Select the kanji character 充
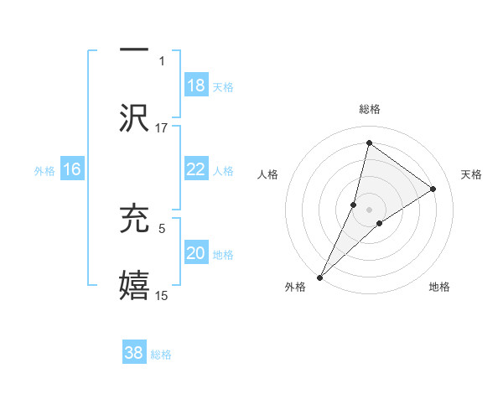click(x=134, y=218)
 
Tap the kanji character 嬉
click(x=134, y=286)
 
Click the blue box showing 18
click(x=196, y=86)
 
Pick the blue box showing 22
click(x=196, y=169)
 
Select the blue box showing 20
click(x=196, y=253)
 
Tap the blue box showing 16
click(x=72, y=169)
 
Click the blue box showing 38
click(x=134, y=353)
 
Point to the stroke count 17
click(x=162, y=127)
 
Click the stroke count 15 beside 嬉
click(x=162, y=295)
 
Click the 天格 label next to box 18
click(x=223, y=87)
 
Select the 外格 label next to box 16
click(x=44, y=171)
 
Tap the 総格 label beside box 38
click(x=161, y=355)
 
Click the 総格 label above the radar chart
click(x=370, y=109)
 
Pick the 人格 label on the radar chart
click(x=268, y=174)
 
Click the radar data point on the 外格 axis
click(x=320, y=277)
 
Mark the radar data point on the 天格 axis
click(x=433, y=189)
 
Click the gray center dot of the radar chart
click(x=370, y=209)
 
